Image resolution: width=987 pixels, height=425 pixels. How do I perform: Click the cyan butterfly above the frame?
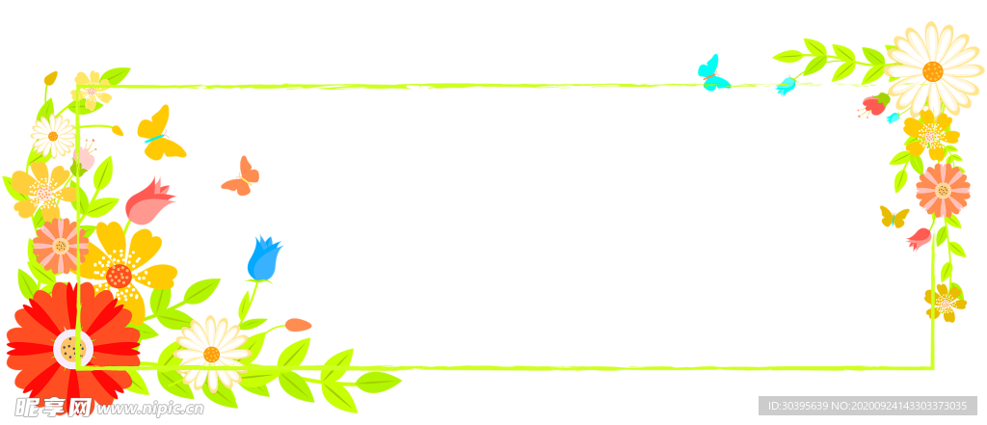coord(713,73)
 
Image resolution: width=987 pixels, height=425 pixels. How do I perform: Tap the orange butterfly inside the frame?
coord(241,176)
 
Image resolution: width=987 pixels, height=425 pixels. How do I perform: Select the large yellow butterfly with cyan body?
coord(161,134)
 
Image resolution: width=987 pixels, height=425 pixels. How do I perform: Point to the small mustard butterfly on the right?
coord(894,217)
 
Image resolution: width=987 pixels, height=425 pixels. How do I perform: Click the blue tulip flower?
coord(264,259)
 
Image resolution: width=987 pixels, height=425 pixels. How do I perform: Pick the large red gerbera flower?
coord(73,346)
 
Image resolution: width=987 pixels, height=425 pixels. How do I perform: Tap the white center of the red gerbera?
coord(73,348)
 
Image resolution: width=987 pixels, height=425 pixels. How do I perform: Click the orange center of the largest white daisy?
coord(933,71)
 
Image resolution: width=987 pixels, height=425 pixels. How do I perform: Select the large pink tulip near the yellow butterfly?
coord(149,201)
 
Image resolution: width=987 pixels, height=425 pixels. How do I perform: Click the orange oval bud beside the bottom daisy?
coord(298,325)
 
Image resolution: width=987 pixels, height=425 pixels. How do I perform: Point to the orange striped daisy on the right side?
coord(943,190)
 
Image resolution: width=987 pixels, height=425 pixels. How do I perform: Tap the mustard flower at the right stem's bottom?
coord(945,303)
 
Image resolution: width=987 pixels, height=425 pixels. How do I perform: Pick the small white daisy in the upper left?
coord(53,136)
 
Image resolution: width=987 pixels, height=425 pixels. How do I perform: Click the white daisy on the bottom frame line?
coord(211,354)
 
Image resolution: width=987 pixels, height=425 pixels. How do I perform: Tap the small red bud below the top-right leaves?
coord(873,105)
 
